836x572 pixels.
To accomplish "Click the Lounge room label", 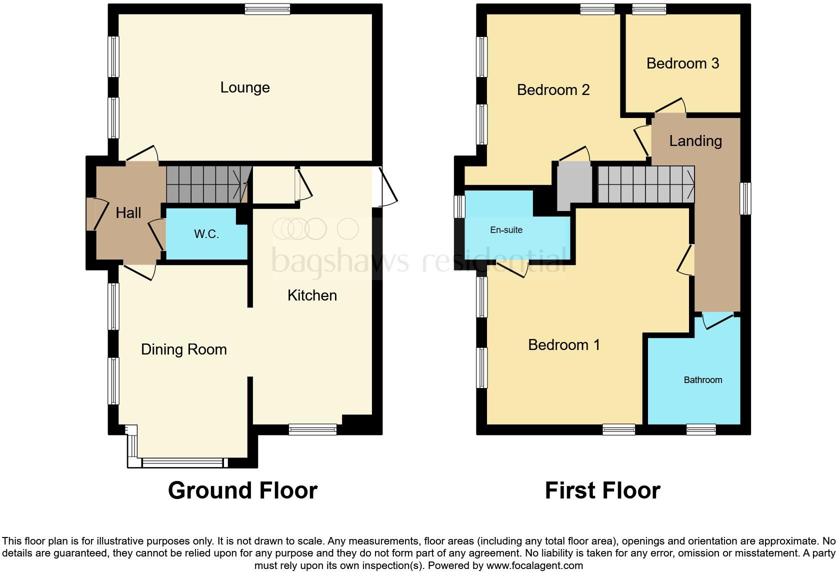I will click(245, 87).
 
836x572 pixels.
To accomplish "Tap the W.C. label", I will click(206, 234).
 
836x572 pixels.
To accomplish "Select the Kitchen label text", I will click(312, 295).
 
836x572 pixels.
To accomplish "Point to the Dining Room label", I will click(183, 349).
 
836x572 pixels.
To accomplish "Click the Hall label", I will click(128, 213).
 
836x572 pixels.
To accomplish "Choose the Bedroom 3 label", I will click(682, 63).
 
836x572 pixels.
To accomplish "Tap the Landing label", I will click(695, 141).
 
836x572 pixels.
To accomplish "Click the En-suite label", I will click(506, 230).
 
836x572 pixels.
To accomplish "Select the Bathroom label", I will click(702, 380).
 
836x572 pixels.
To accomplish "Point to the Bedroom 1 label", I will click(563, 345).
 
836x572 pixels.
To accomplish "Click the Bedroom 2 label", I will click(553, 90).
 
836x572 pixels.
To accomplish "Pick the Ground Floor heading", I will click(242, 490).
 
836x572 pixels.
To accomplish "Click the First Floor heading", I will click(602, 490).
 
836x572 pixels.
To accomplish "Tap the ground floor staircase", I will click(206, 184).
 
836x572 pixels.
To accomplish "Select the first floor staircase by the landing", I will click(645, 184).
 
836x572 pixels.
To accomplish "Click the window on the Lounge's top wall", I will click(267, 8).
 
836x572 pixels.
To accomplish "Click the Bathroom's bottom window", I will click(700, 429).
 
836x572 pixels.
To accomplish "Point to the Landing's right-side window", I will click(745, 198).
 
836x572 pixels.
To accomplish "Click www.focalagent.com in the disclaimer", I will click(534, 566).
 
